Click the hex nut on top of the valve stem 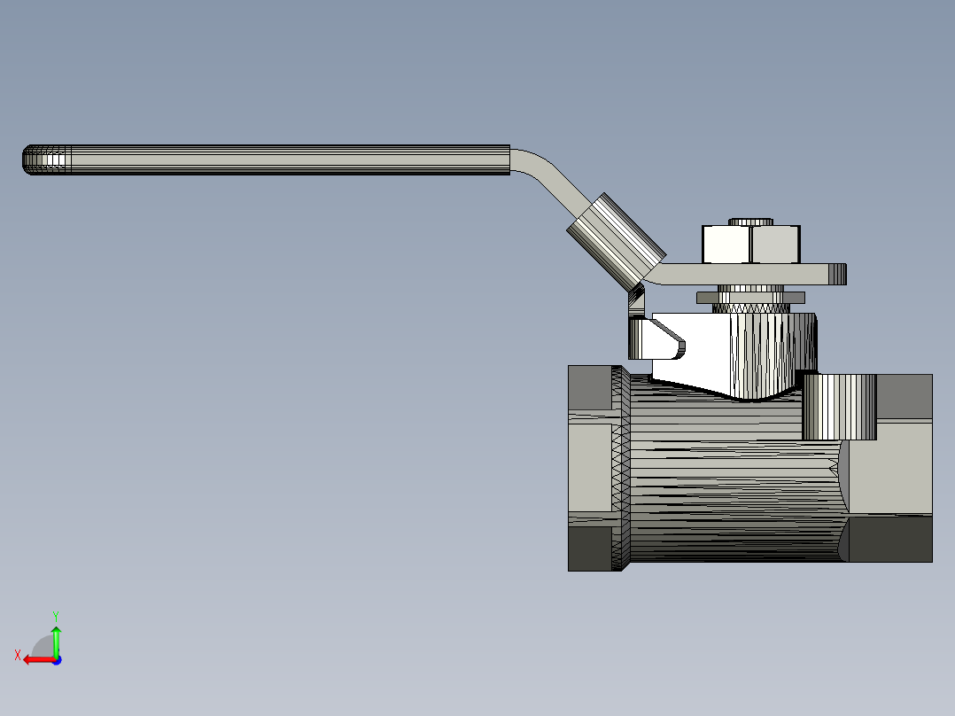click(751, 245)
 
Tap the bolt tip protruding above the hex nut click(751, 221)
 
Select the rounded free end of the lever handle click(32, 160)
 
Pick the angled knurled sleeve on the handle click(615, 239)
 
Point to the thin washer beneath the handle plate click(751, 297)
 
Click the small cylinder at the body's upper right click(839, 407)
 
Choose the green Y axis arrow click(56, 637)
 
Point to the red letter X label click(17, 655)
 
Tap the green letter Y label click(55, 615)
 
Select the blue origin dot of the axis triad click(56, 659)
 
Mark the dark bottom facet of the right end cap click(889, 538)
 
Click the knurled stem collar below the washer click(751, 307)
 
